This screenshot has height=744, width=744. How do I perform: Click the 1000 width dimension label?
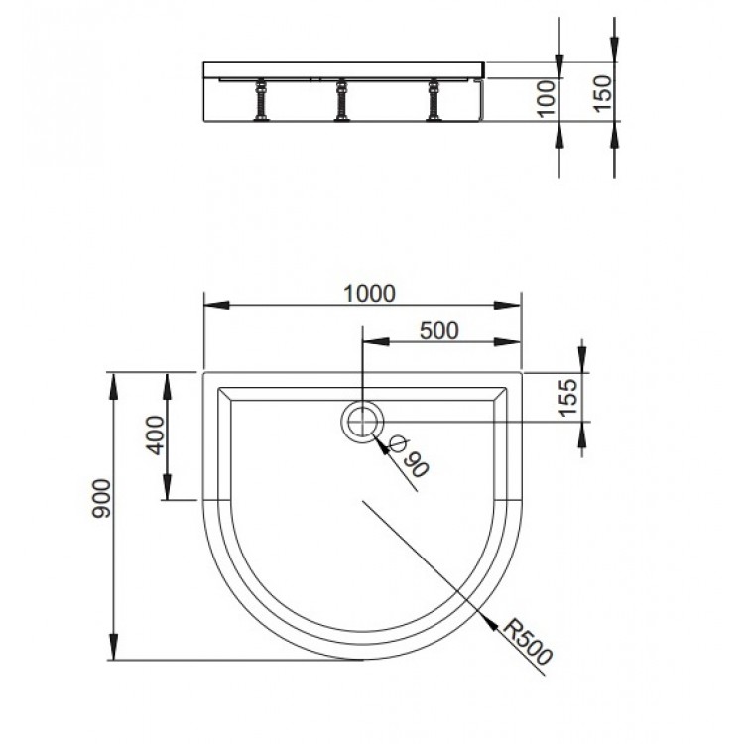point(369,294)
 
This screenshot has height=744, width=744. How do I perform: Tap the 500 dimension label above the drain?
point(439,331)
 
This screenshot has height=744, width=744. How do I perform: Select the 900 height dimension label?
point(101,498)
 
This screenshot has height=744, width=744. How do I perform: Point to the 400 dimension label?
point(155,435)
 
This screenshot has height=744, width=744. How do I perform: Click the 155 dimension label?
point(568,398)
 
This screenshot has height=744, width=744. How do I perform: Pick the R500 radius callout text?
point(528,642)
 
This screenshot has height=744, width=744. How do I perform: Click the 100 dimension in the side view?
point(547,98)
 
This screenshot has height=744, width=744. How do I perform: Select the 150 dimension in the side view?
point(603,93)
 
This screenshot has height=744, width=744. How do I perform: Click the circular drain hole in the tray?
point(362,422)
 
